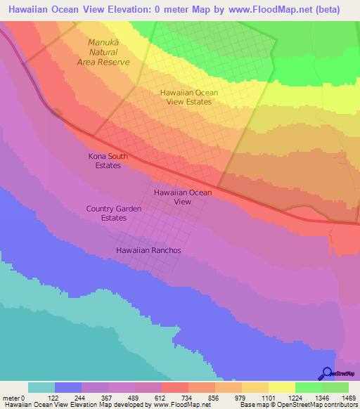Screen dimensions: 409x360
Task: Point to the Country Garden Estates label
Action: coord(114,214)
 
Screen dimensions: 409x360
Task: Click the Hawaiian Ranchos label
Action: coord(148,250)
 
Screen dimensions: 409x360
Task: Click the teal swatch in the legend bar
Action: coord(41,387)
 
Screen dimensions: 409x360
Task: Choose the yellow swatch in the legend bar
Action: coord(281,387)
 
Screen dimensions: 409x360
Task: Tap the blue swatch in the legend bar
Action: coord(68,387)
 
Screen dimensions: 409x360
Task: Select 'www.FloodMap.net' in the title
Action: coord(266,10)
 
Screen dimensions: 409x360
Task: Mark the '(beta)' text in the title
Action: coord(326,10)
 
